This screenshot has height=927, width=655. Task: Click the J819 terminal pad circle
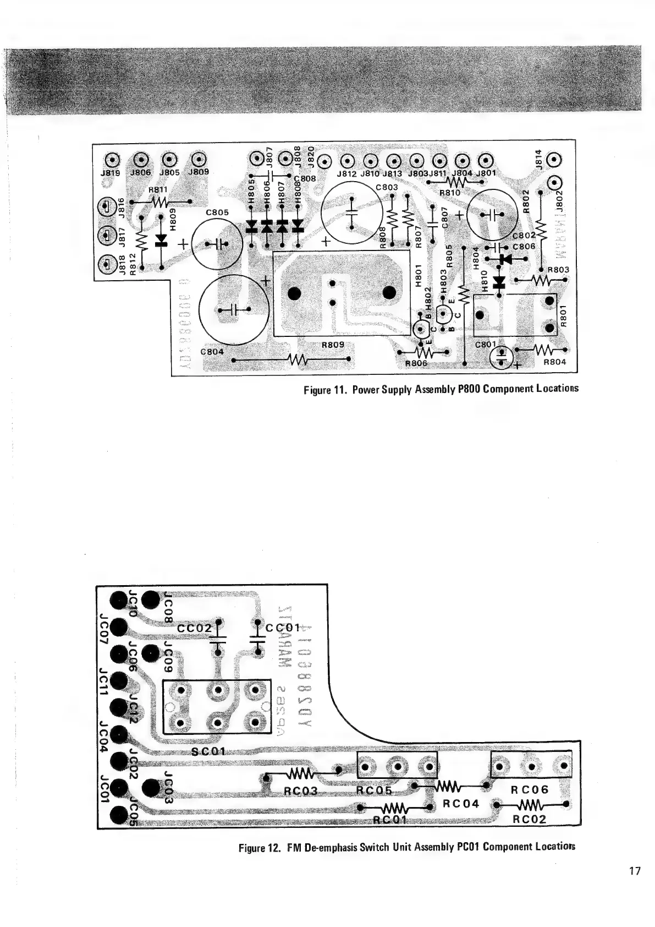[112, 160]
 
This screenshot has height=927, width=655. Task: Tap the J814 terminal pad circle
[555, 160]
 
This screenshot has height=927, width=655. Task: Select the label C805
[216, 211]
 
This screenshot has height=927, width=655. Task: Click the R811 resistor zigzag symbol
[158, 202]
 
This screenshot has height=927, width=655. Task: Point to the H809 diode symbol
[161, 241]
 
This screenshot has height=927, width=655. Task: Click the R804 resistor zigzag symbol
[543, 349]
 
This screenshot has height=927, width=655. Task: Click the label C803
[387, 187]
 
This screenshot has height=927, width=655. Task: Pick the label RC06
[529, 789]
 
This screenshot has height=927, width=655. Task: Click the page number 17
[635, 871]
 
